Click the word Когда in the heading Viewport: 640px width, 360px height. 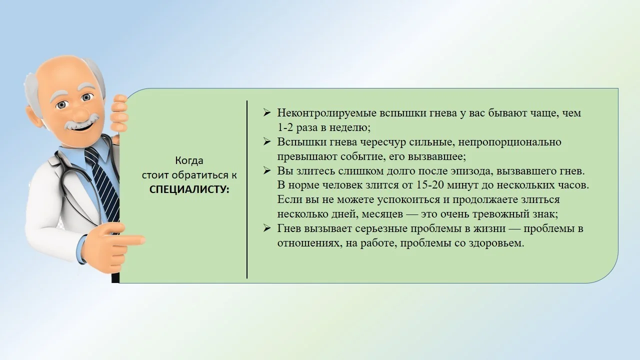189,161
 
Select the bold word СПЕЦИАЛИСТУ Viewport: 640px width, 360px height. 189,189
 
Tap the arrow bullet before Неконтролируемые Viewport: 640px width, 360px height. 267,113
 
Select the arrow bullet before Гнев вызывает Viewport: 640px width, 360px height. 267,228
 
